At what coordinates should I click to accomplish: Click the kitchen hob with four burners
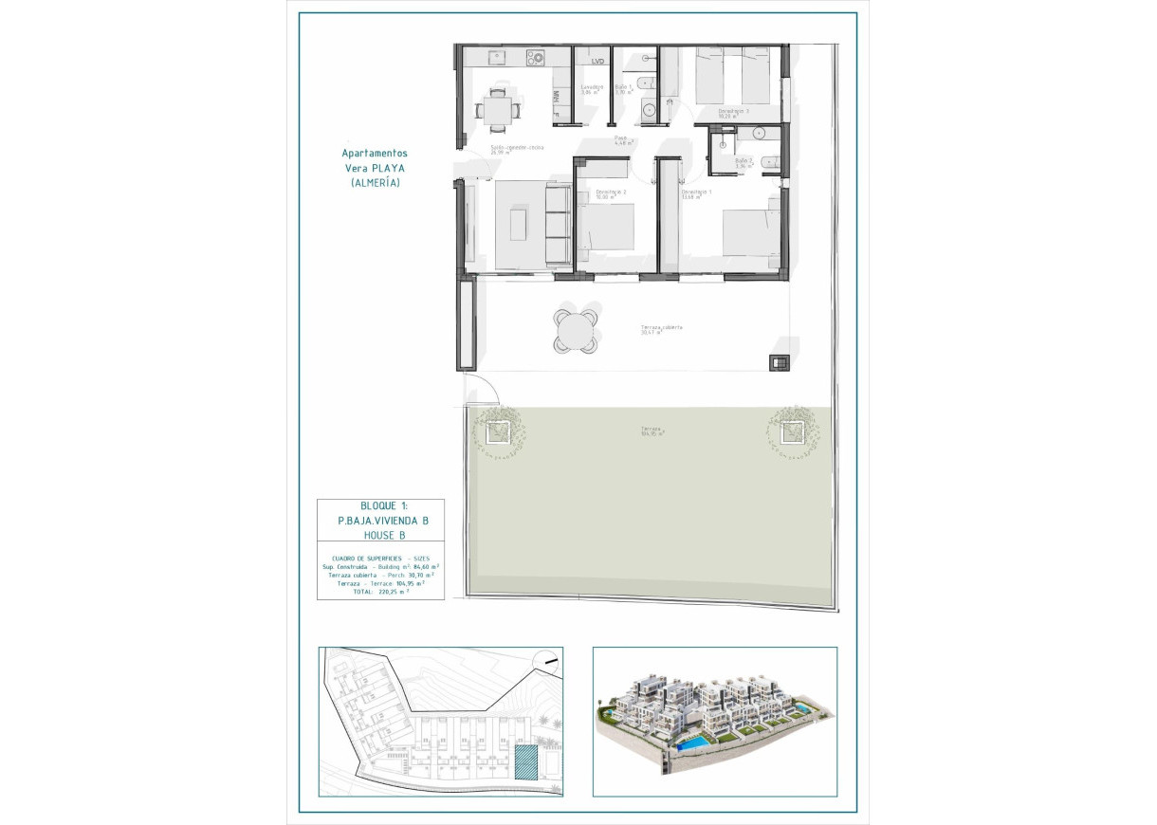(x=536, y=58)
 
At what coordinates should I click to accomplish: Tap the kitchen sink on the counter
(x=497, y=58)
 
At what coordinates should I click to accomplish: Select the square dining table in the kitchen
(x=497, y=106)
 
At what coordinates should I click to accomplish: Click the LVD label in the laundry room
(x=597, y=62)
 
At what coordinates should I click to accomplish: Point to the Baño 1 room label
(x=623, y=89)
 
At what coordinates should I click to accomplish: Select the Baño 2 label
(x=744, y=162)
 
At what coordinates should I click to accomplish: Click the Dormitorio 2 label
(x=611, y=195)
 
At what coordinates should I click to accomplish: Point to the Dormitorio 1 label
(x=696, y=194)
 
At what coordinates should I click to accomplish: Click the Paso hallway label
(x=621, y=140)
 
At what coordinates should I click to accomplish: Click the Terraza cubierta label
(x=661, y=329)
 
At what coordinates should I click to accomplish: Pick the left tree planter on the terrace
(x=495, y=432)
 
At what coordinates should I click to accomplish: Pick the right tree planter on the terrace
(x=789, y=432)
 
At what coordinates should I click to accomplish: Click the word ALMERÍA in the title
(x=375, y=183)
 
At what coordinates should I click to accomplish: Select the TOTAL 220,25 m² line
(x=379, y=592)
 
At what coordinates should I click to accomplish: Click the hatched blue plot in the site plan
(x=523, y=761)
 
